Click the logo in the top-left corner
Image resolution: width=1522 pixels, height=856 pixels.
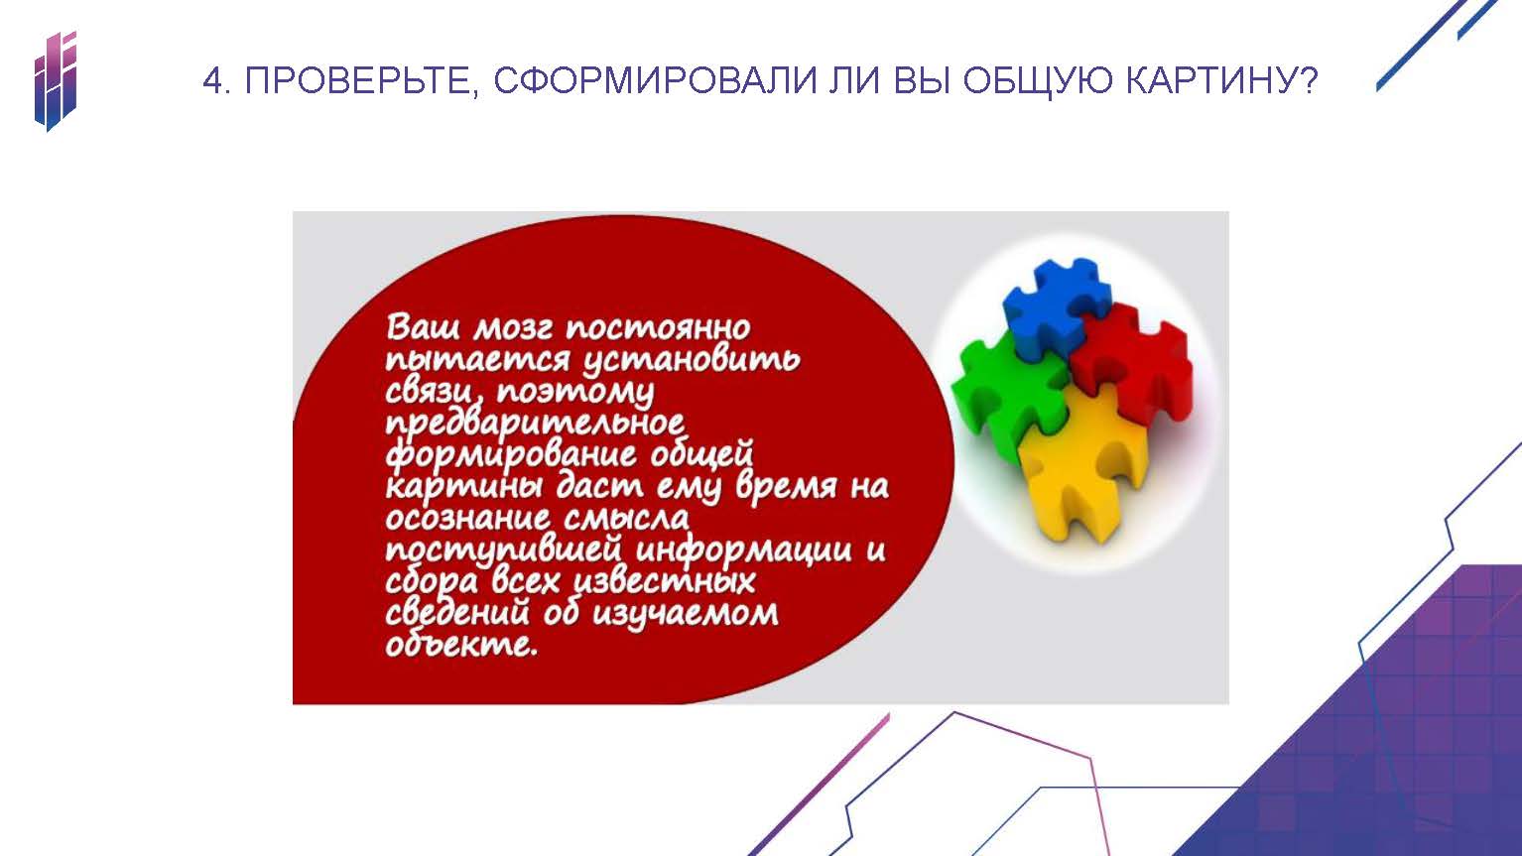56,81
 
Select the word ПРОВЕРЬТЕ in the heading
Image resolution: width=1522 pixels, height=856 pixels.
357,81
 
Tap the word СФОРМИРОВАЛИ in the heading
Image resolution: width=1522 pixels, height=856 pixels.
655,81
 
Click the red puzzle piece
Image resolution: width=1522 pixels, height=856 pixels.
1133,364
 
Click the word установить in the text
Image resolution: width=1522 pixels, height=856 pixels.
692,360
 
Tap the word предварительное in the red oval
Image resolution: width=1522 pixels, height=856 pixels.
535,424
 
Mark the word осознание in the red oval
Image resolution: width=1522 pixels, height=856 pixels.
467,519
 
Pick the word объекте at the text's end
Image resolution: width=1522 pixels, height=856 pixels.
460,644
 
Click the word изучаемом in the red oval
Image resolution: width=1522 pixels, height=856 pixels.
685,614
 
